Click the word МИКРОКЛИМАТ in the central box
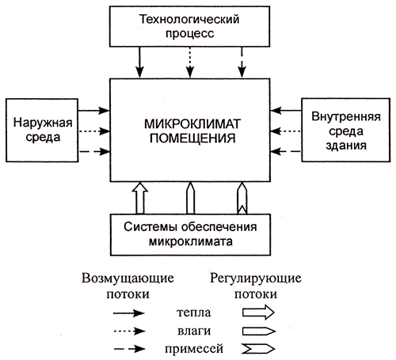[192, 124]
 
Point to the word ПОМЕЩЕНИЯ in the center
[192, 138]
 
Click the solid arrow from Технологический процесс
[139, 63]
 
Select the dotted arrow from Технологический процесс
[190, 63]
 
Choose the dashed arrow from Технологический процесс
[242, 63]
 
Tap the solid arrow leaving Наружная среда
[94, 111]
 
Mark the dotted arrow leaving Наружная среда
[94, 131]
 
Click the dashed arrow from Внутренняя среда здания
[286, 152]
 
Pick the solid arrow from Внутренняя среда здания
[286, 111]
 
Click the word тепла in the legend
[194, 313]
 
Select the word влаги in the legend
[194, 331]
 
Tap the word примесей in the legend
[194, 349]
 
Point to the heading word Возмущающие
[128, 279]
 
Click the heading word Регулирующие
[256, 279]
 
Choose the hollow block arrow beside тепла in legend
[258, 313]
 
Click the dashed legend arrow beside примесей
[129, 349]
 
